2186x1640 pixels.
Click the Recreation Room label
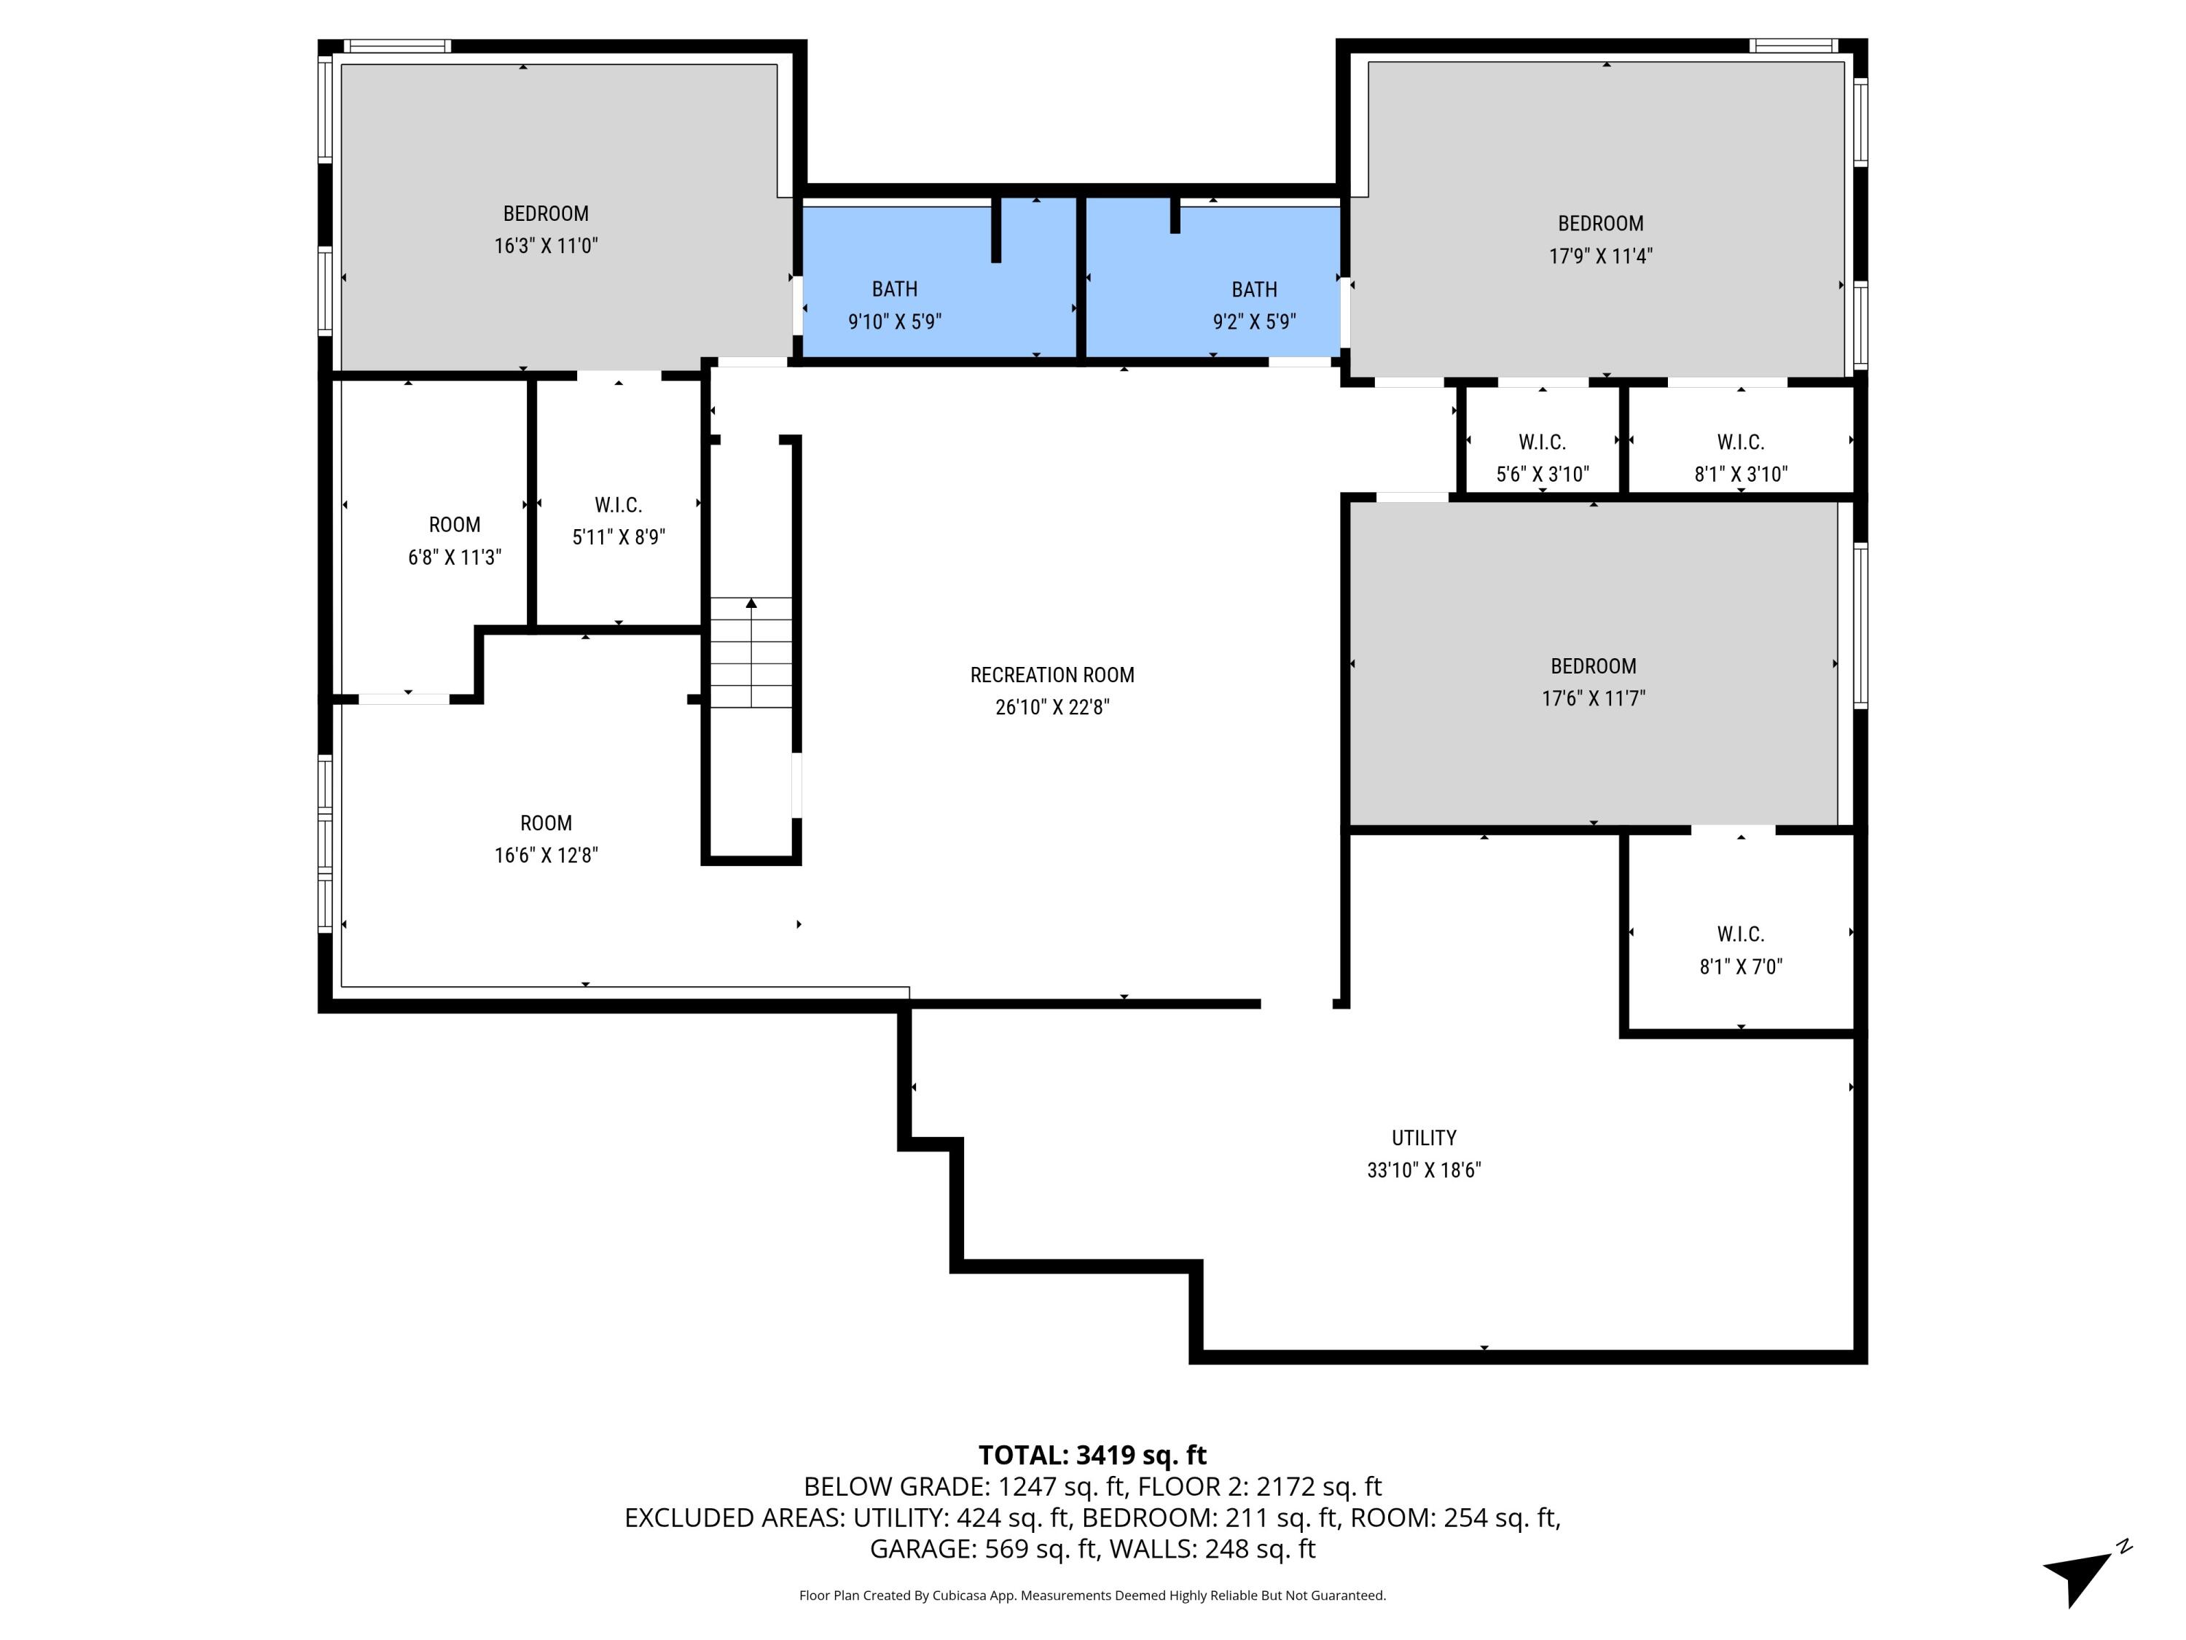tap(1051, 675)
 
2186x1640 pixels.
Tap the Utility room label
tap(1423, 1138)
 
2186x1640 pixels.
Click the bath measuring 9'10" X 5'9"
tap(894, 305)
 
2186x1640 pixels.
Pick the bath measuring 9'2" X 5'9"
tap(1253, 305)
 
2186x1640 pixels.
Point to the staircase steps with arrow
tap(751, 652)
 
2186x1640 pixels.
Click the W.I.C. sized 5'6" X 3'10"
tap(1542, 458)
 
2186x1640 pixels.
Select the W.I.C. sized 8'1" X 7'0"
tap(1739, 950)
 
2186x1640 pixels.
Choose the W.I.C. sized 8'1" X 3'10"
tap(1739, 458)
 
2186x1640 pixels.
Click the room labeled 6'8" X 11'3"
tap(454, 541)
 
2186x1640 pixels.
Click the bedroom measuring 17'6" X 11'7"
tap(1592, 682)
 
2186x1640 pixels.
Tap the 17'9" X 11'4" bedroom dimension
tap(1600, 256)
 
